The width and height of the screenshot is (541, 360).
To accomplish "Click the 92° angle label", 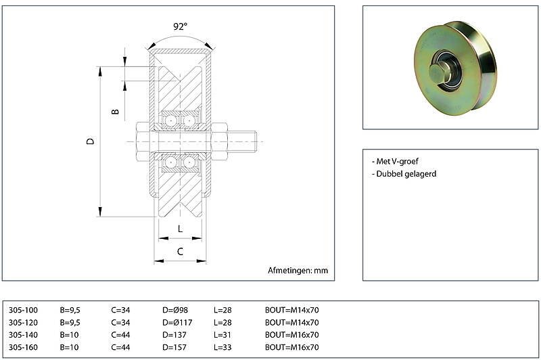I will pos(180,27).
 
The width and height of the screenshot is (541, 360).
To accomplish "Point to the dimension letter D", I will pos(90,141).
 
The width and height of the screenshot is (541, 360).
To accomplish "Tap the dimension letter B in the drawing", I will pos(116,110).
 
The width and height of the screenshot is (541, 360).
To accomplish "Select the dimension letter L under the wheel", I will pos(180,229).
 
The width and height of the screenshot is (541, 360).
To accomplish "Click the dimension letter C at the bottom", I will pos(180,252).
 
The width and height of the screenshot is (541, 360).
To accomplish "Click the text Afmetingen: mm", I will pos(298,271).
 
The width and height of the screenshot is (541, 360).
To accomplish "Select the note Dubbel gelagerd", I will pos(404,174).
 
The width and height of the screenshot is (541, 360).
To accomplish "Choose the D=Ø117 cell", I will pos(178,323).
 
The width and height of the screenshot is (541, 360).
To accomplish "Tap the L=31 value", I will pos(222,335).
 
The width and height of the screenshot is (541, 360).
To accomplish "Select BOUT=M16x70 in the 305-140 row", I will pos(291,335).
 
